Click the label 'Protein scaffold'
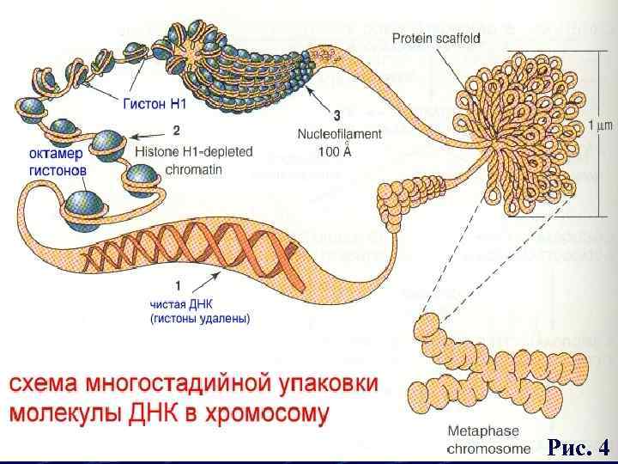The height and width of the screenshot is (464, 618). coord(436,37)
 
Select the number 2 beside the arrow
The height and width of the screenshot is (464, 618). coord(176,131)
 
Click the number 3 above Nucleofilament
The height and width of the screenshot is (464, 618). coord(336,114)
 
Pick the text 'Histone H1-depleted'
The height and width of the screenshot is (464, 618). coord(194,151)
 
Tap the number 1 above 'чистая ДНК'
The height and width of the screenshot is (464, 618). coord(177,284)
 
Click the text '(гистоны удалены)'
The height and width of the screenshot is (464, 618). coord(200,318)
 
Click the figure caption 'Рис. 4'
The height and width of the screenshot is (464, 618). coord(579,448)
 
